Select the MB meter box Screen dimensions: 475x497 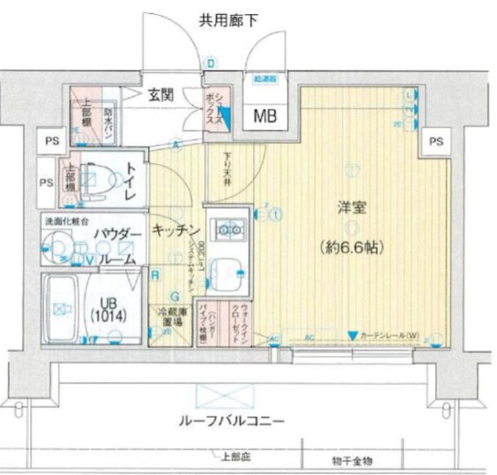pyautogui.click(x=263, y=115)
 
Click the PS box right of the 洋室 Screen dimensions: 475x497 pyautogui.click(x=434, y=141)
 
